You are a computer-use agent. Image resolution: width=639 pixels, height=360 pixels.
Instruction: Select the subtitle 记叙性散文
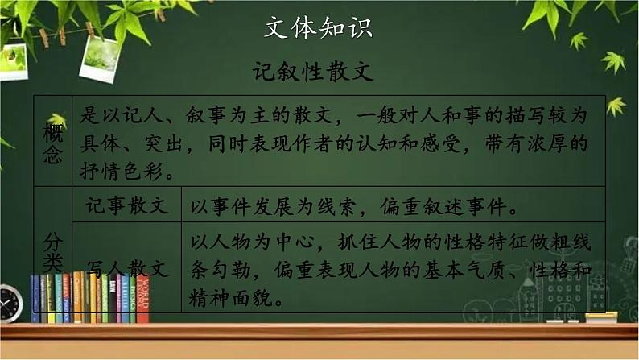coord(319,72)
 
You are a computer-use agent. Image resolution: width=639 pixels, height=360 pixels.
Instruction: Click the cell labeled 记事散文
coord(127,206)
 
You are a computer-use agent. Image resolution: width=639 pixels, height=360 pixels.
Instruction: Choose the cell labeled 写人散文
coord(127,269)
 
